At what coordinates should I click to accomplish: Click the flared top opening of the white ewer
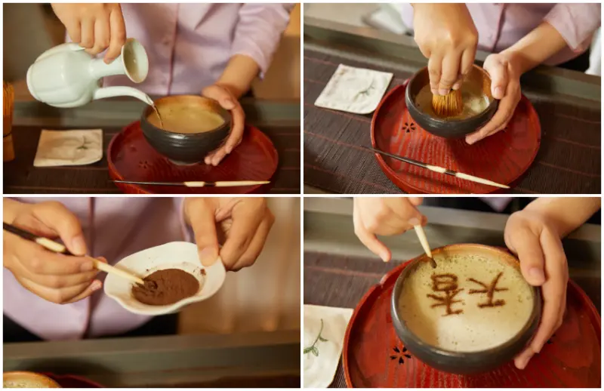[135, 60]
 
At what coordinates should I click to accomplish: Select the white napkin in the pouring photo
[69, 147]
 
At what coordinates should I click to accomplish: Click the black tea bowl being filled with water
[186, 129]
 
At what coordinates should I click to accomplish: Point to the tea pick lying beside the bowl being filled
[192, 183]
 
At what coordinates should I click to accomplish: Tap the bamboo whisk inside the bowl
[447, 103]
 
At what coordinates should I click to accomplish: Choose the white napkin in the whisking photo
[353, 89]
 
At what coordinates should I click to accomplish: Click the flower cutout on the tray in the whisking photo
[408, 127]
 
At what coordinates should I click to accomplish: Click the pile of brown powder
[165, 287]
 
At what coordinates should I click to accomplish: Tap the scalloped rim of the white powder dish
[165, 277]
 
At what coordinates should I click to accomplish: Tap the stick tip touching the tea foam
[432, 263]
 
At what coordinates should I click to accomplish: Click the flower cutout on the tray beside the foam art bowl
[401, 355]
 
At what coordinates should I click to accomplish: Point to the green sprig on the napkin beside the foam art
[315, 340]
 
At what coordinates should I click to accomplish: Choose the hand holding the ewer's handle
[91, 27]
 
